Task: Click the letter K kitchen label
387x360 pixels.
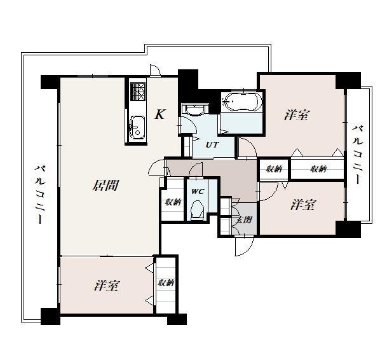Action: tap(160, 114)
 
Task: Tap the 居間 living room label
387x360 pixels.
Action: tap(106, 185)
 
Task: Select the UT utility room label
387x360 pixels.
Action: tap(212, 145)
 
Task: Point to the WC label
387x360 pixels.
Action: tap(198, 191)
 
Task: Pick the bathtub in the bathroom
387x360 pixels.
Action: tap(241, 102)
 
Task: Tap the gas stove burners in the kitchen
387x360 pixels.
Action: tap(139, 92)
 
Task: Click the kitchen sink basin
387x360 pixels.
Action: tap(137, 127)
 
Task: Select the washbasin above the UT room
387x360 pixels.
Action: tap(194, 109)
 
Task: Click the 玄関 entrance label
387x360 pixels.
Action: tap(244, 219)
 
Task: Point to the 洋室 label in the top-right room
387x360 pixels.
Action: tap(297, 115)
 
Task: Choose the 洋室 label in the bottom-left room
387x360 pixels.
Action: tap(107, 286)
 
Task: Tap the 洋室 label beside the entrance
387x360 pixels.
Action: tap(303, 205)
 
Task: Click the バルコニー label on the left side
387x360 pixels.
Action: tap(40, 195)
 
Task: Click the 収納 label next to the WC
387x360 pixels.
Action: tap(173, 202)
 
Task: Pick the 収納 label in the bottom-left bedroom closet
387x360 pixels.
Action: tap(166, 283)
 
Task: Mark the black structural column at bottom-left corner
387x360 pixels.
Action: tap(50, 317)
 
